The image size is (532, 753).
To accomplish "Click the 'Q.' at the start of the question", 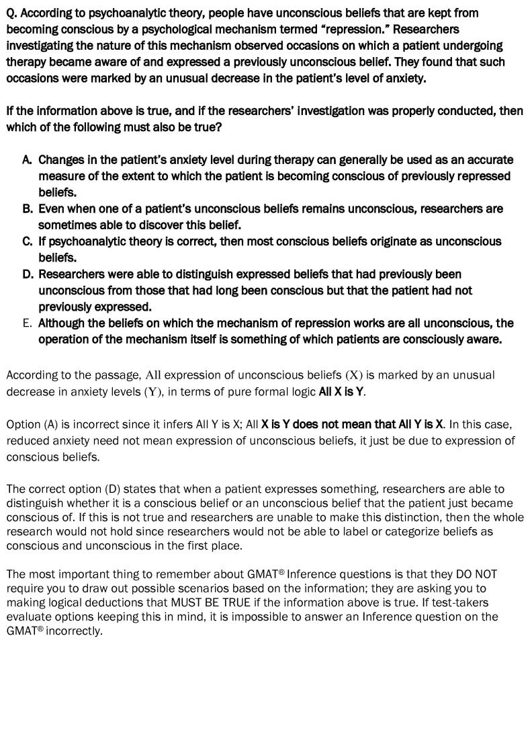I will click(12, 13).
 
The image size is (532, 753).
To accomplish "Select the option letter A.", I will click(27, 160).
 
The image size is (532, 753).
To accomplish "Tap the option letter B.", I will click(27, 208).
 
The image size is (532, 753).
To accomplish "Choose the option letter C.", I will click(27, 241).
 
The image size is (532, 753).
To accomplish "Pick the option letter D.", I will click(27, 274).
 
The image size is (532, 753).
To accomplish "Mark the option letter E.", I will click(27, 323).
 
